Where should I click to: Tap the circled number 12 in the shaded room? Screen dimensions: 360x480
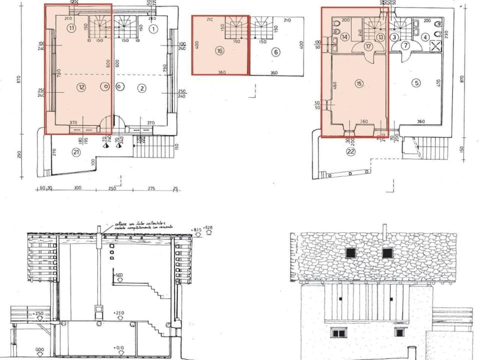click(81, 87)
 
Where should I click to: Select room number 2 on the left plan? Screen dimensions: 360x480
click(142, 88)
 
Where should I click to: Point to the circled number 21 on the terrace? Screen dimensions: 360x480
click(76, 152)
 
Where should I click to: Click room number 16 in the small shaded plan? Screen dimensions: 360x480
click(219, 50)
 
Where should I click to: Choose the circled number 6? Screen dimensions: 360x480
click(275, 51)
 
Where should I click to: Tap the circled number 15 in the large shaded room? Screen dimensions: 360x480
click(359, 83)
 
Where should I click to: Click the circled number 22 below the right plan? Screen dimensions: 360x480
click(350, 152)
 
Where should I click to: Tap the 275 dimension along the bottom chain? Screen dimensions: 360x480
click(151, 188)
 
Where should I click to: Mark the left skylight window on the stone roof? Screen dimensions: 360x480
click(351, 253)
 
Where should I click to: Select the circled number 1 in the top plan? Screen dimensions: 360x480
click(153, 29)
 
